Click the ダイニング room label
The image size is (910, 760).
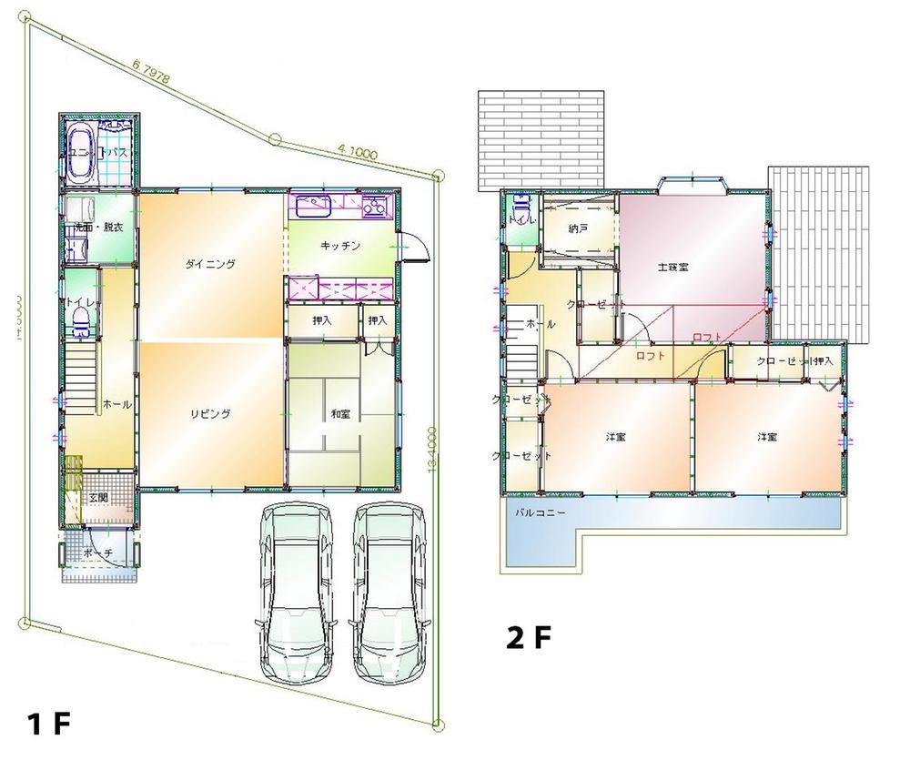point(210,265)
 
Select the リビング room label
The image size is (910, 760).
point(210,413)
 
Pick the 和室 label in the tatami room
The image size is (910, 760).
point(341,414)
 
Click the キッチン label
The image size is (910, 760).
point(341,246)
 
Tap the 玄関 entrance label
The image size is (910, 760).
point(98,497)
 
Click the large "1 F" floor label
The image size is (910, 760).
point(48,725)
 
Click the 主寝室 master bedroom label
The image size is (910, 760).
point(672,268)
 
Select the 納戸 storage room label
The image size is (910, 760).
point(577,229)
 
